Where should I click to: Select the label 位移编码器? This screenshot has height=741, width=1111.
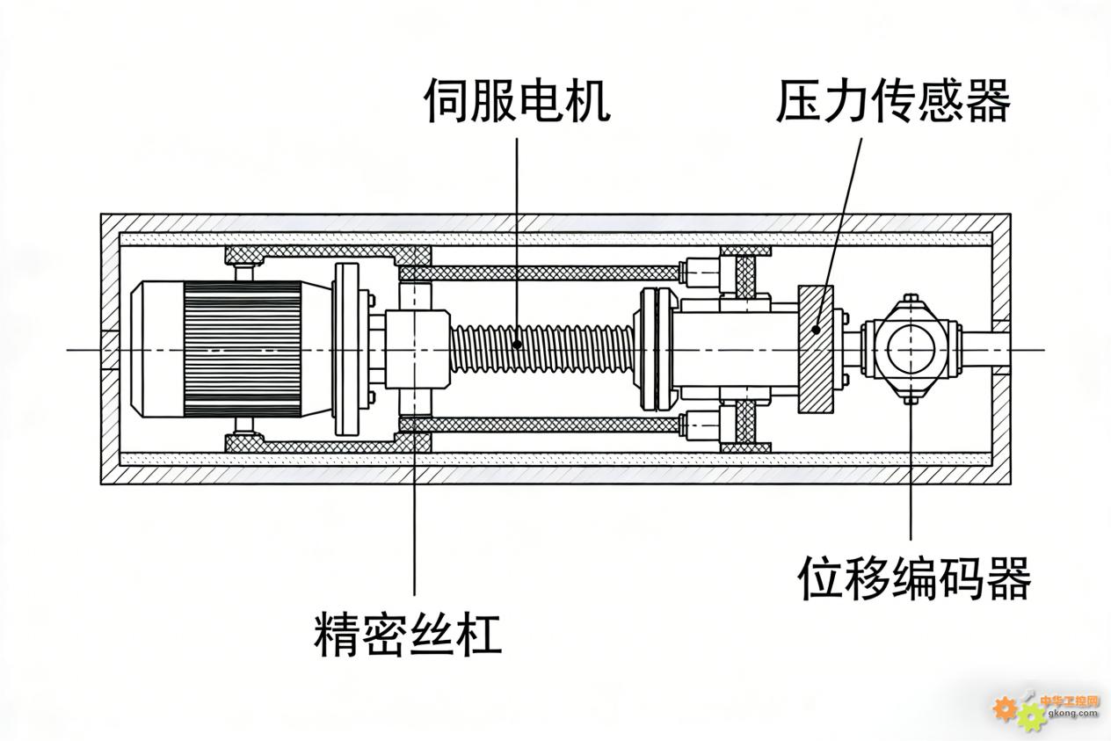pyautogui.click(x=914, y=578)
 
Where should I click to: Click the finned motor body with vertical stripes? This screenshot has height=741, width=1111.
pyautogui.click(x=242, y=349)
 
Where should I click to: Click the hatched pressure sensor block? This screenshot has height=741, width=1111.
pyautogui.click(x=815, y=349)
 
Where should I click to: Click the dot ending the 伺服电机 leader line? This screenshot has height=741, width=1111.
pyautogui.click(x=518, y=344)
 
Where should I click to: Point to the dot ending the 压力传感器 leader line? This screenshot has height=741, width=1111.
pyautogui.click(x=817, y=330)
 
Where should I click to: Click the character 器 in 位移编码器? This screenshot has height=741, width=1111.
pyautogui.click(x=1007, y=578)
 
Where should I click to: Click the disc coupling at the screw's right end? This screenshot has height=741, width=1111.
pyautogui.click(x=651, y=349)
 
